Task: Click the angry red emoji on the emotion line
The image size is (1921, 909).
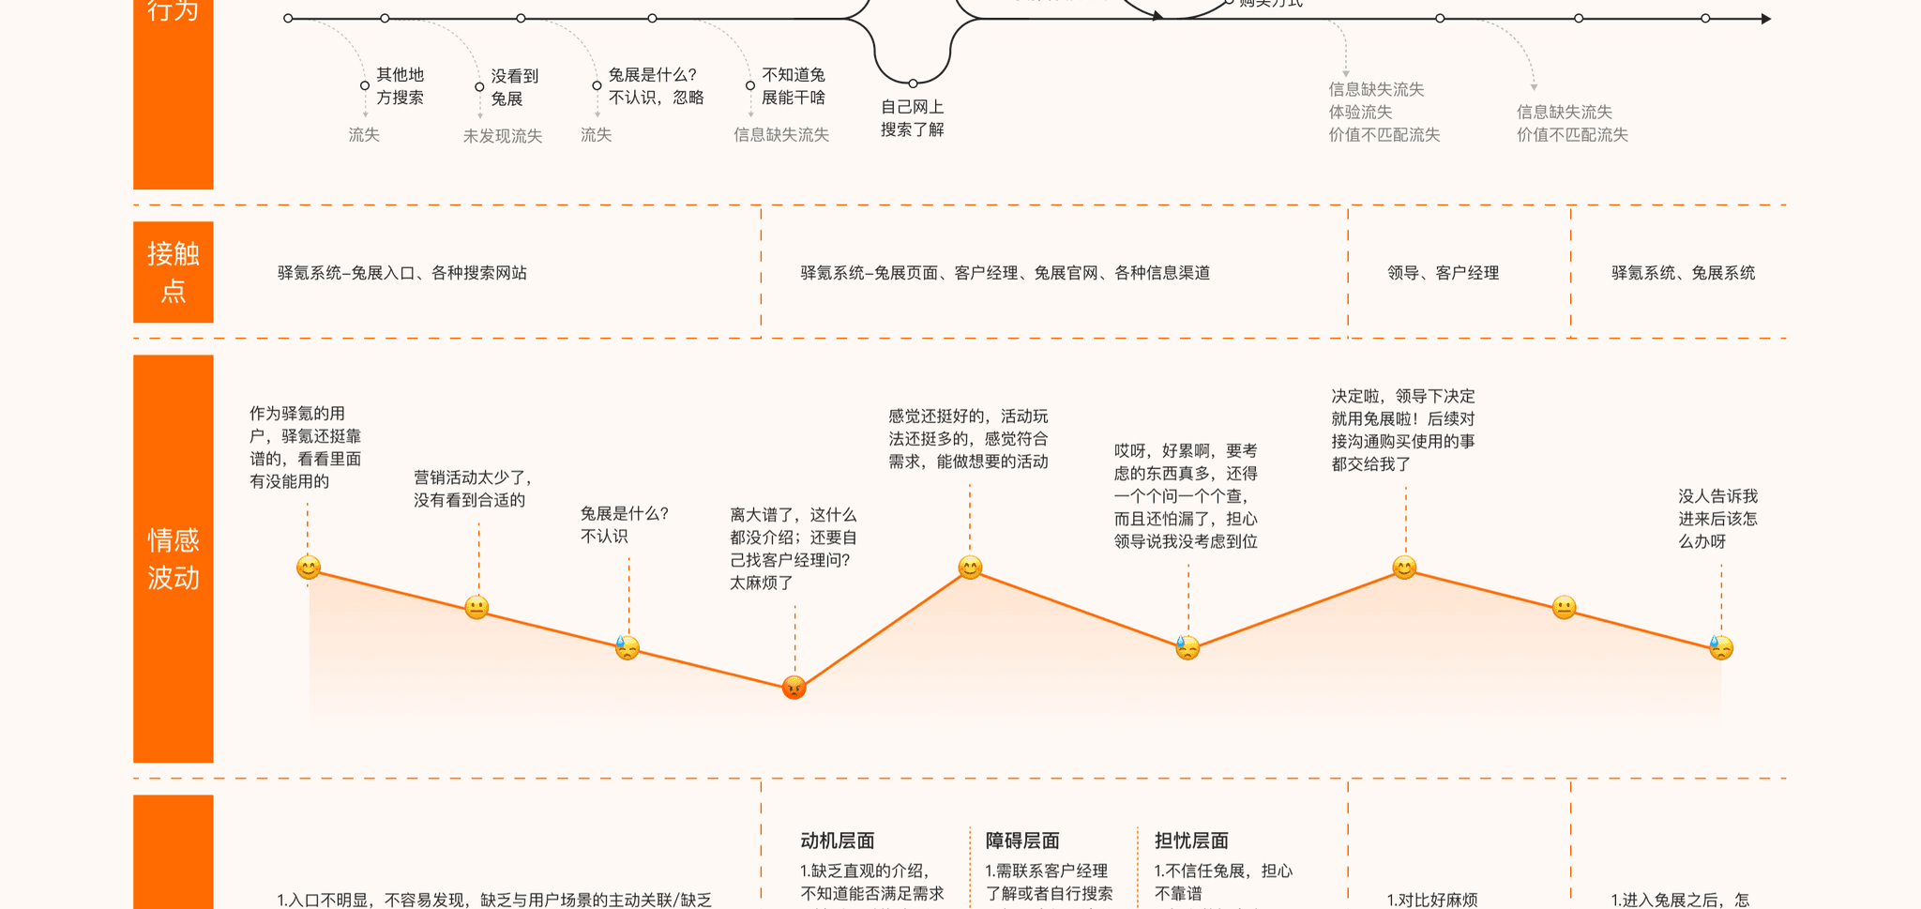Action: [x=794, y=688]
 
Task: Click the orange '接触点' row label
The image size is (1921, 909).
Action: [x=174, y=272]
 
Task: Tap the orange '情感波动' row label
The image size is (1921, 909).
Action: [x=174, y=559]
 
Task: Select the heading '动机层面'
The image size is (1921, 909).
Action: [x=837, y=841]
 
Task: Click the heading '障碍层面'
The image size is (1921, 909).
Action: [x=1022, y=841]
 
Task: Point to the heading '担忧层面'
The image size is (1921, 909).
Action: [x=1191, y=841]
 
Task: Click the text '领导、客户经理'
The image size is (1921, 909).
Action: [x=1443, y=273]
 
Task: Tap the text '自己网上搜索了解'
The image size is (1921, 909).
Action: [x=912, y=118]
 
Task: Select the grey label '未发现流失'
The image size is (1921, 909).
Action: [x=503, y=136]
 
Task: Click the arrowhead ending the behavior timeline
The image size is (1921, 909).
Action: [x=1766, y=19]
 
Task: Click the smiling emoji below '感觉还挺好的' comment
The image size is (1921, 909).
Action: [x=970, y=568]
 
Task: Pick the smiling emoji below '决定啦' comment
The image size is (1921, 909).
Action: [x=1404, y=568]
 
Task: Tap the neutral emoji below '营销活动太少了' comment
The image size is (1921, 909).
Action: [x=476, y=608]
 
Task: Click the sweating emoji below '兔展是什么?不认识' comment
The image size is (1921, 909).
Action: [x=628, y=647]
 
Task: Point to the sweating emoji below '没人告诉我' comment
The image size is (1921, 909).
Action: [x=1721, y=647]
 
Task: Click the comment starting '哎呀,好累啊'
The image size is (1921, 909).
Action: [x=1186, y=496]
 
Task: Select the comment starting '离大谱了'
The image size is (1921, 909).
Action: [x=794, y=549]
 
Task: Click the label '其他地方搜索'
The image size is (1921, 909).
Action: [x=400, y=86]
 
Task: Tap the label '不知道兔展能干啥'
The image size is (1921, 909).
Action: [x=793, y=86]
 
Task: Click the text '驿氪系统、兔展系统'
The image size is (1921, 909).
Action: [x=1683, y=273]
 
